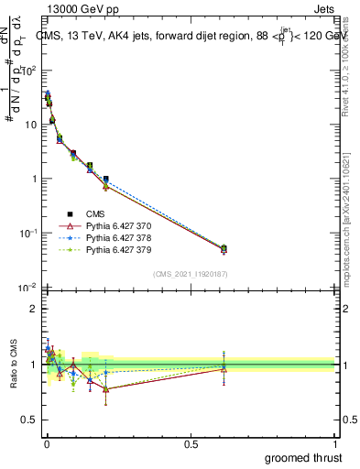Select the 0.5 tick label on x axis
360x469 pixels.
click(x=191, y=443)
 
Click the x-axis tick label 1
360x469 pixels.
click(x=335, y=443)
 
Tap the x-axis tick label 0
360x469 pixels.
click(x=47, y=443)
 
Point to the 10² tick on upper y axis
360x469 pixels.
click(x=29, y=70)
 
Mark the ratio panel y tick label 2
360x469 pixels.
click(x=33, y=309)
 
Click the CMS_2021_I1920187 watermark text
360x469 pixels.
click(x=190, y=273)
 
